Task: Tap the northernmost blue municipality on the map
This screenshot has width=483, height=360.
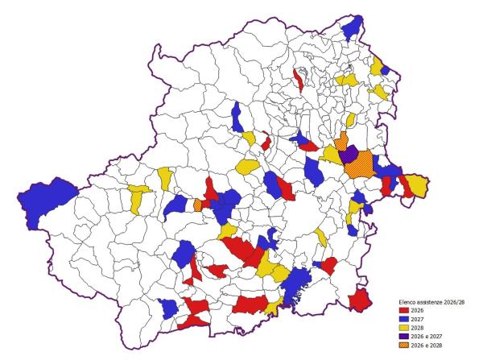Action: coord(351,27)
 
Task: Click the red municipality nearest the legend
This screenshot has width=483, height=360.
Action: coord(359,300)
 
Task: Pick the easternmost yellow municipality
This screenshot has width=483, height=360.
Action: coord(417,184)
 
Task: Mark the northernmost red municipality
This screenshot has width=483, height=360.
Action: coord(299,79)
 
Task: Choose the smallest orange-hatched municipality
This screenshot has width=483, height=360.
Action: coord(198,205)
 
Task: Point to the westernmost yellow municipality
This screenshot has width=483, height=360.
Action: coord(138,196)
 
